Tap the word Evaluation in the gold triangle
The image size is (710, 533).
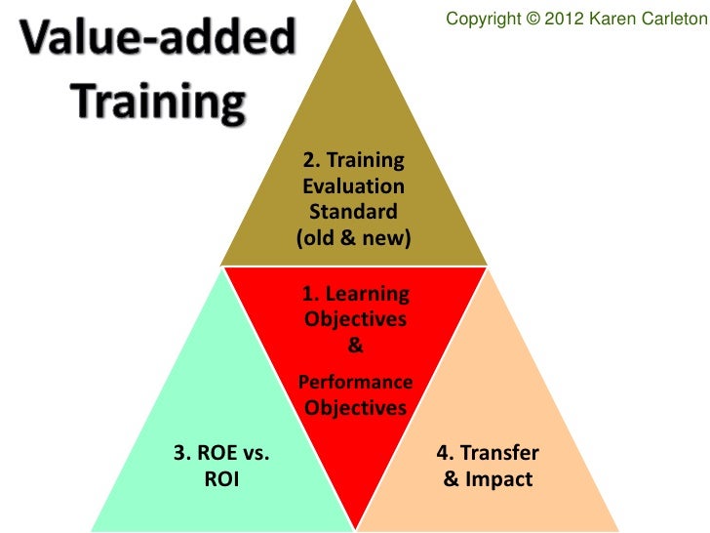click(353, 185)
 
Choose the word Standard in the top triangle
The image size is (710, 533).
click(353, 211)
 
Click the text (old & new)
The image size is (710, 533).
click(353, 237)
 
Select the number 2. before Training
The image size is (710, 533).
click(311, 160)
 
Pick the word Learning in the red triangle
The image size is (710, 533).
click(368, 293)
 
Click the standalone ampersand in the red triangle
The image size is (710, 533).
click(355, 346)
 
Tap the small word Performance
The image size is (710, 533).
click(355, 382)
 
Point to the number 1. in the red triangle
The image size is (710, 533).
click(311, 293)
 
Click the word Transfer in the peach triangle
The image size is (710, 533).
click(499, 454)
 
